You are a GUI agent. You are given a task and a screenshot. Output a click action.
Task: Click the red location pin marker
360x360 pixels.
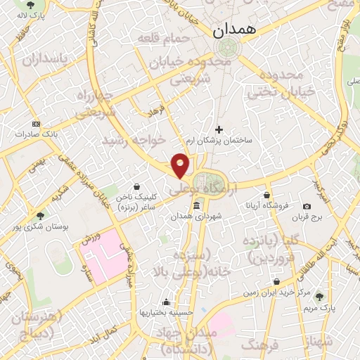[181, 165]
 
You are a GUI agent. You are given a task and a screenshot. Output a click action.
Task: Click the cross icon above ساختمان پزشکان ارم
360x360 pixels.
[219, 129]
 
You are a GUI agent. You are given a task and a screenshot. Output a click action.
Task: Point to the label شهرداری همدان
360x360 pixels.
[196, 218]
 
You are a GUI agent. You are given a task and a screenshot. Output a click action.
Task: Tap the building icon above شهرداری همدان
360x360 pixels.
[195, 206]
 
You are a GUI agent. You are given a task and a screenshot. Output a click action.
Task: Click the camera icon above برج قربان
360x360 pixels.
[307, 206]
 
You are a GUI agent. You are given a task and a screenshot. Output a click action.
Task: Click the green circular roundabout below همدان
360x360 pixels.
[227, 48]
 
